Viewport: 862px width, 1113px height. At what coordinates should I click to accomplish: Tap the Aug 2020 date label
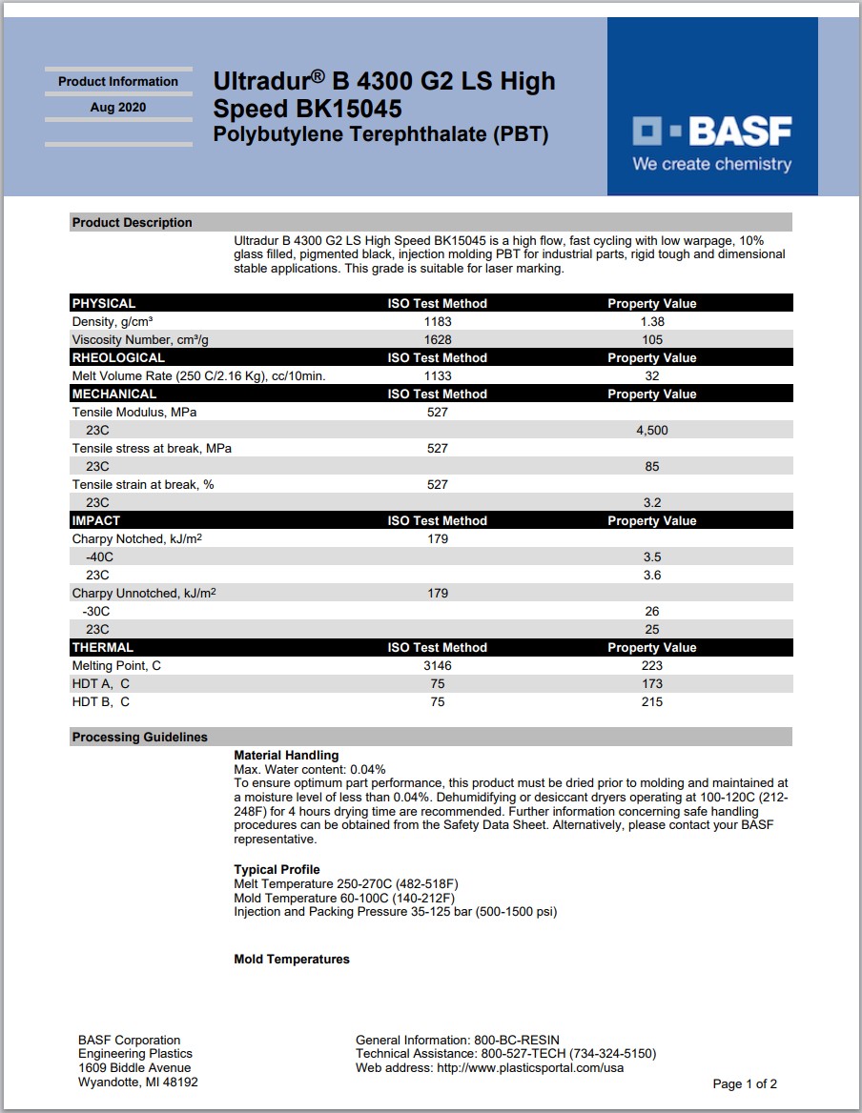[118, 108]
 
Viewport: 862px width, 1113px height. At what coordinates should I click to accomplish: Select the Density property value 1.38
[652, 322]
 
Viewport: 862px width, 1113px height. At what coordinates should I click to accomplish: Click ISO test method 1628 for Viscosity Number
[438, 340]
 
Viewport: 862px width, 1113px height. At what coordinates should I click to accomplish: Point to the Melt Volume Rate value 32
[652, 376]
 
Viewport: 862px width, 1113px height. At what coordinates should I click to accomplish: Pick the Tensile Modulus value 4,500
[652, 431]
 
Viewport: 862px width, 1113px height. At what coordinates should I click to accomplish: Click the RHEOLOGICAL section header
[118, 358]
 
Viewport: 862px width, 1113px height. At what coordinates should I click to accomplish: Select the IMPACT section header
[96, 521]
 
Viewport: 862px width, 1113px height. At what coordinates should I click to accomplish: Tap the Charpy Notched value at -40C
[652, 557]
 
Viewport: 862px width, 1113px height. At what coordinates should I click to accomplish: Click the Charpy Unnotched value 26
[652, 612]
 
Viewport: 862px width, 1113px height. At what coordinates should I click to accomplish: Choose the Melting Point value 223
[652, 666]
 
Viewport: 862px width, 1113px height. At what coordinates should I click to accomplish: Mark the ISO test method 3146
[438, 666]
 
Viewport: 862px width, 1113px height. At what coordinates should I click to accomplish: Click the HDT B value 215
[652, 702]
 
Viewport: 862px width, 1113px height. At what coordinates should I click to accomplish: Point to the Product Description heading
[133, 223]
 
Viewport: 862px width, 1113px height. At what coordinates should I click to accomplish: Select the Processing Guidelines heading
[140, 738]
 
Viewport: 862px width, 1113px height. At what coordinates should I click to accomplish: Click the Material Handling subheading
[286, 756]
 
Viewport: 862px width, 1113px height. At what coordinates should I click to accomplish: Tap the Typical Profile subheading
[277, 870]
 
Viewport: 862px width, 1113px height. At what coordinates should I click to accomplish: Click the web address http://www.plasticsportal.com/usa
[530, 1068]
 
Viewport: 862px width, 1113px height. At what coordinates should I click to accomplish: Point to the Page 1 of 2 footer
[745, 1084]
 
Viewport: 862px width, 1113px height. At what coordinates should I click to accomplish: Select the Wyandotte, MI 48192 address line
[138, 1083]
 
